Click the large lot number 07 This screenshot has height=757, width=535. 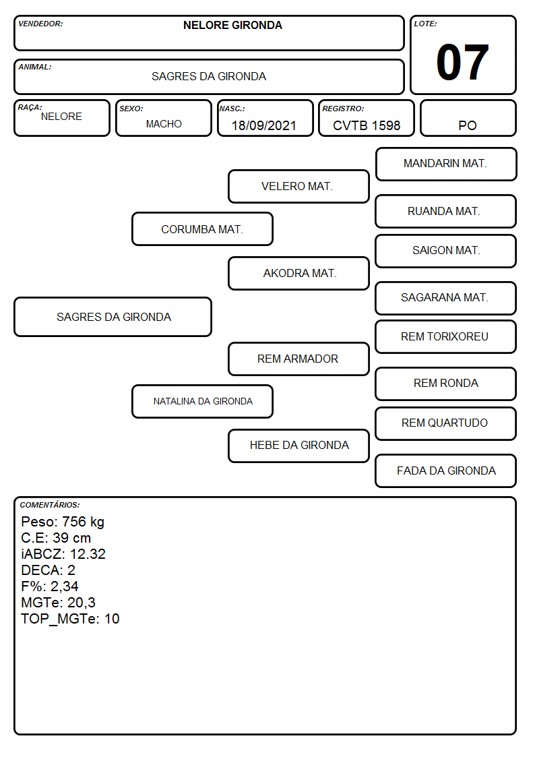click(462, 62)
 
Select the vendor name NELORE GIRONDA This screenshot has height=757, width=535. click(232, 25)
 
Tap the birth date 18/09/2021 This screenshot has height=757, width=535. click(263, 125)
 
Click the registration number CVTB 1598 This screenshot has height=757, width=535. click(367, 125)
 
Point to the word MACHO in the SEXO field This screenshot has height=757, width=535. click(164, 124)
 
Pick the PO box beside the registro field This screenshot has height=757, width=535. click(468, 118)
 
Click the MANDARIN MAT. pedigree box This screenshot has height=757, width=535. click(446, 164)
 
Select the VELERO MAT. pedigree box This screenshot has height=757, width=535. click(298, 186)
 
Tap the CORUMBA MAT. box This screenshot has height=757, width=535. click(202, 229)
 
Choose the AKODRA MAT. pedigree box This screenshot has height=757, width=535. click(298, 273)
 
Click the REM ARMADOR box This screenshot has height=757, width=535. click(298, 359)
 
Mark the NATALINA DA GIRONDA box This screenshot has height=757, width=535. click(202, 401)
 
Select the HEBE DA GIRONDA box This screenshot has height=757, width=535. click(298, 446)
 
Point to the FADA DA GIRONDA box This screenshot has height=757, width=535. click(446, 471)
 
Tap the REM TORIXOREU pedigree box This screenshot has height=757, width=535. click(446, 336)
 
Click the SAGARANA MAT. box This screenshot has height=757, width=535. click(446, 298)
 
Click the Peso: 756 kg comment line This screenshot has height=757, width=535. click(63, 522)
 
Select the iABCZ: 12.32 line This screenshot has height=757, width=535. click(63, 554)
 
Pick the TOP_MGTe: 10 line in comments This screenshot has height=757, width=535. click(71, 619)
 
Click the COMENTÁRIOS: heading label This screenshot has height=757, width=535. click(50, 505)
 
